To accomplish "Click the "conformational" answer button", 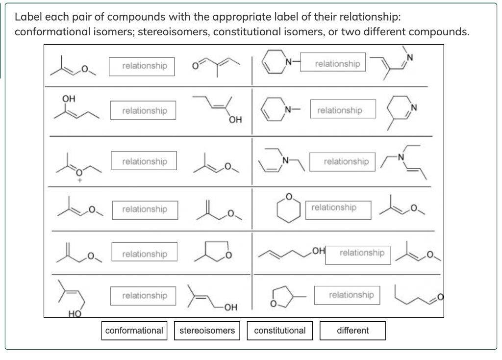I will pos(134,331).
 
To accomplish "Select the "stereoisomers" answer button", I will pos(207,331).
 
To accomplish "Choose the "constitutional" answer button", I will pos(280,331).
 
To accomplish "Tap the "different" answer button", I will pos(352,331).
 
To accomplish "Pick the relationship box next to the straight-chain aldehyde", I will pos(351,295).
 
